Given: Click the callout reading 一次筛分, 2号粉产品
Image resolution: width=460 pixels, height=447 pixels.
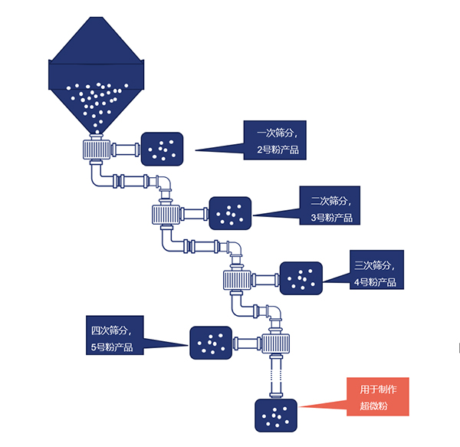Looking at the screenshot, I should tap(274, 140).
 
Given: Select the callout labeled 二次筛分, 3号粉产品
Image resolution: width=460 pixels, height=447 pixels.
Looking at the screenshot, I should tap(330, 206).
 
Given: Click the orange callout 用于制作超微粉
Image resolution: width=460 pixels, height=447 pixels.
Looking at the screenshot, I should tap(378, 396).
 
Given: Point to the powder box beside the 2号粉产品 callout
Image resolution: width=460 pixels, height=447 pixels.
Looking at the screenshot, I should tap(163, 149).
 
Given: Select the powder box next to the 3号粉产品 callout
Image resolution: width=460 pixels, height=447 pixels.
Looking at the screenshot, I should tap(230, 213).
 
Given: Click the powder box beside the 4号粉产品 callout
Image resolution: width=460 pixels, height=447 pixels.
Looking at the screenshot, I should tap(301, 278).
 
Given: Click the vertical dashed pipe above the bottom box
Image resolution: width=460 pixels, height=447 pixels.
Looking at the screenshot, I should tap(278, 376).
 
